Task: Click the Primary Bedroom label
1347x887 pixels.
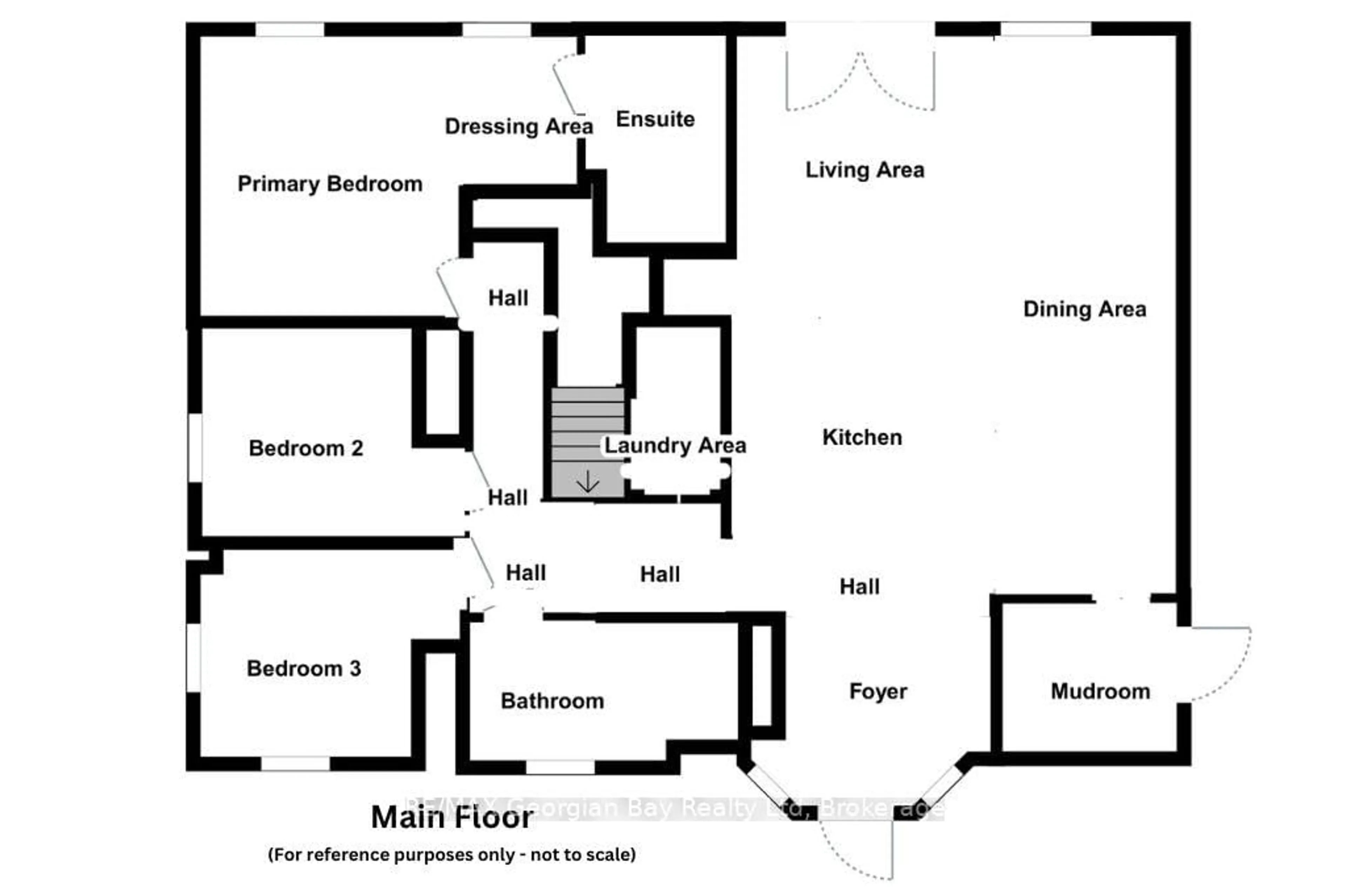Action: coord(330,184)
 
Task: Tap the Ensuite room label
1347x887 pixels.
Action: coord(655,119)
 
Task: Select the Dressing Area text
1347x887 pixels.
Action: coord(518,126)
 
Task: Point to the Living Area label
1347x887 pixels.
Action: coord(864,170)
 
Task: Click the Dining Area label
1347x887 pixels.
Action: coord(1084,309)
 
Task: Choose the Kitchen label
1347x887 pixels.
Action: coord(862,437)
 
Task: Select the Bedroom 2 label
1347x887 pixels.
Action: coord(306,448)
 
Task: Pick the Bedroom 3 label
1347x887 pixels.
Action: coord(303,668)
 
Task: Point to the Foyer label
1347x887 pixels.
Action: coord(878,691)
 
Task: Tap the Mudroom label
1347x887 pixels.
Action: coord(1100,691)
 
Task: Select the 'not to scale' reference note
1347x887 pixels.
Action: coord(452,854)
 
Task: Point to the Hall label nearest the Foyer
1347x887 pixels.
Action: coord(859,586)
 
